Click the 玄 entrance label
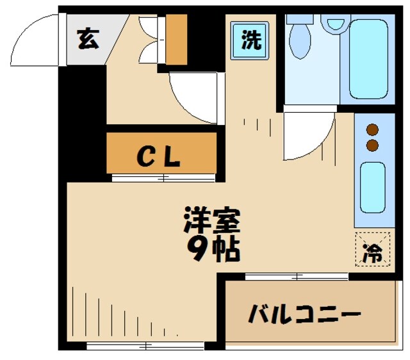[88, 40]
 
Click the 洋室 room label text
[211, 221]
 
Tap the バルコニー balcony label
[304, 315]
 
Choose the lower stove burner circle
[372, 145]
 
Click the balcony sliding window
[297, 277]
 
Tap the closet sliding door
[163, 177]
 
